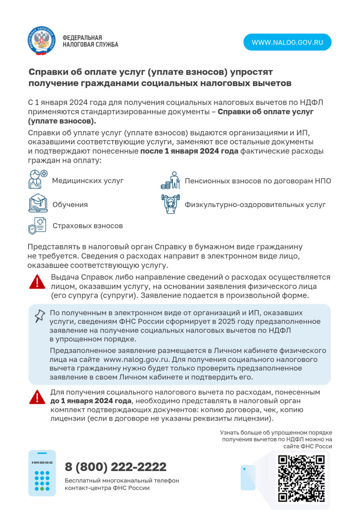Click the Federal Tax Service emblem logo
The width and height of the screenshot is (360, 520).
point(42,41)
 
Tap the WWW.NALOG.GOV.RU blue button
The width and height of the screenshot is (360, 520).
point(287,42)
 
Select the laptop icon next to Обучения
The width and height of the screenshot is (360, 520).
point(38,203)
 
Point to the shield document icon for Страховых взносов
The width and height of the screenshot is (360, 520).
point(37,226)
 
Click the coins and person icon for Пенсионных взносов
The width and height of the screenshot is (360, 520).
point(171,180)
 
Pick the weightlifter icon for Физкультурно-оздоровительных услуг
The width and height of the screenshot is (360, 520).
point(171,204)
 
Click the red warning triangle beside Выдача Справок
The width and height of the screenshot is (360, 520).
point(37,282)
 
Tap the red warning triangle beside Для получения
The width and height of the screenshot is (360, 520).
point(37,397)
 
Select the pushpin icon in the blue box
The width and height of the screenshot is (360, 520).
point(39,316)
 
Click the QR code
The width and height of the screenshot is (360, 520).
point(302,479)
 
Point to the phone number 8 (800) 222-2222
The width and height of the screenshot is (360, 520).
point(116,467)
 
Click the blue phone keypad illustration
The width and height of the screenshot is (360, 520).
point(42,473)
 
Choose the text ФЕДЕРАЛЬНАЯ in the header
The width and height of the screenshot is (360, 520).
point(82,38)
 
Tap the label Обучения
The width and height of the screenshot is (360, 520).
point(70,205)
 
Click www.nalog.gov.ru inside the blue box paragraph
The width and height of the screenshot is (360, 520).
point(136,359)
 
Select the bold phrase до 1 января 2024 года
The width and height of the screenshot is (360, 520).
point(91,401)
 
